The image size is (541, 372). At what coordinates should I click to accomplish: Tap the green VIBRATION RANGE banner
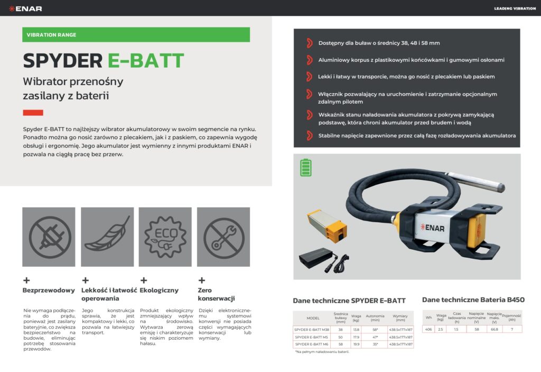click(136, 35)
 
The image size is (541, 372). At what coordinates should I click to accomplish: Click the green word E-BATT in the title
click(146, 61)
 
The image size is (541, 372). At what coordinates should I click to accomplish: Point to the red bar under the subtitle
click(33, 113)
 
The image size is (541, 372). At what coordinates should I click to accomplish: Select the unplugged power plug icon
click(49, 237)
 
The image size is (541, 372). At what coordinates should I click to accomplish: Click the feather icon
click(107, 237)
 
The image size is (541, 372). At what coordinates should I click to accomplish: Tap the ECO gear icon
click(165, 237)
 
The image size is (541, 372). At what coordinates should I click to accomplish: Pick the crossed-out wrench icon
click(223, 237)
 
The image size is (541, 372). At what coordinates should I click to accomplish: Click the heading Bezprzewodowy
click(49, 291)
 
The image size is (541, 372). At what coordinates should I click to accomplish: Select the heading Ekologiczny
click(159, 291)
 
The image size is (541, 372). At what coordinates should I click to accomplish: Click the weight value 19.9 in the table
click(356, 344)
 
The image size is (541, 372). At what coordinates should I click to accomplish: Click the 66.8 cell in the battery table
click(495, 329)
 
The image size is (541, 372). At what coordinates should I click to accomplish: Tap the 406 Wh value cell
click(428, 329)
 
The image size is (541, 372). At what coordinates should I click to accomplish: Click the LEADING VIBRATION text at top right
click(515, 8)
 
